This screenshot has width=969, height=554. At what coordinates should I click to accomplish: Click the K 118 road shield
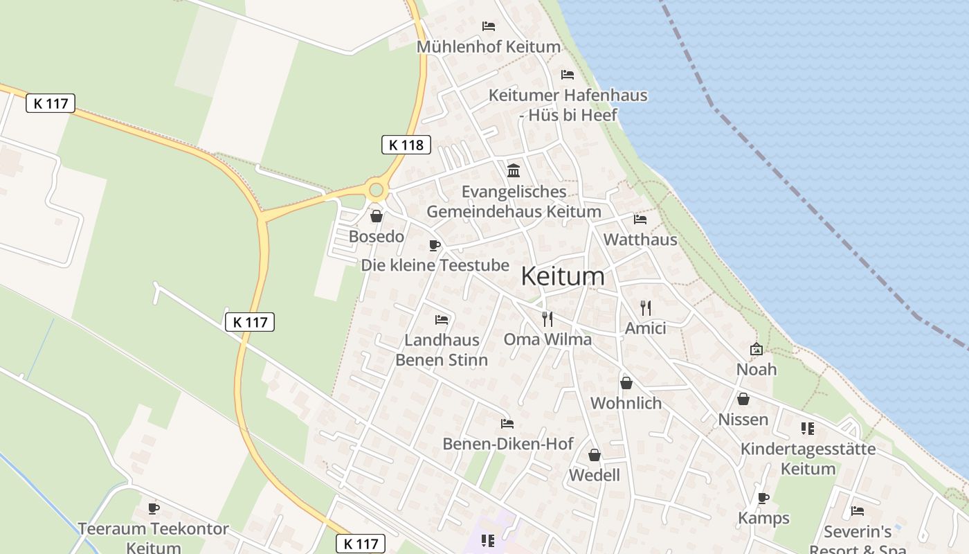pyautogui.click(x=406, y=145)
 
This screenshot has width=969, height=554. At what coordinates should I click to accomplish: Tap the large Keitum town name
pyautogui.click(x=562, y=276)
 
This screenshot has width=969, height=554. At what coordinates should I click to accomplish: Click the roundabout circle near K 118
pyautogui.click(x=376, y=189)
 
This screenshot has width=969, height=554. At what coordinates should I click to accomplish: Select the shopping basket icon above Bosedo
pyautogui.click(x=377, y=217)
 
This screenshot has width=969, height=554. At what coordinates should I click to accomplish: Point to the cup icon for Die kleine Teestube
pyautogui.click(x=435, y=245)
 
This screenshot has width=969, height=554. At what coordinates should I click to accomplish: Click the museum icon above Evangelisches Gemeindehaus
pyautogui.click(x=514, y=170)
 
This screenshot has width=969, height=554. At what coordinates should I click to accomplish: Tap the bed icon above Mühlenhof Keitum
pyautogui.click(x=489, y=26)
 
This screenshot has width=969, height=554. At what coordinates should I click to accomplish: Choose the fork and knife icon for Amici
pyautogui.click(x=646, y=308)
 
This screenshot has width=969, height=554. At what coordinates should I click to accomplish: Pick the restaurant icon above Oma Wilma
pyautogui.click(x=547, y=319)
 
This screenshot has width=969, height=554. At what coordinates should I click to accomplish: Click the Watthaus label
pyautogui.click(x=640, y=240)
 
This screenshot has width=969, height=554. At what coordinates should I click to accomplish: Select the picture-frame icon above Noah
pyautogui.click(x=756, y=349)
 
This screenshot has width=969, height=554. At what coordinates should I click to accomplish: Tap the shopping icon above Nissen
pyautogui.click(x=743, y=399)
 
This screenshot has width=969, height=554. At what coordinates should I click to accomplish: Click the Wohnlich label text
pyautogui.click(x=626, y=403)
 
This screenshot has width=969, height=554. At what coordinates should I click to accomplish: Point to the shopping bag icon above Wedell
pyautogui.click(x=594, y=455)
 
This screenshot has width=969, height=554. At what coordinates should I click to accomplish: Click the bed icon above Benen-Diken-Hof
pyautogui.click(x=507, y=424)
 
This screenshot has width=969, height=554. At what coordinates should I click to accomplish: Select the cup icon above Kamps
pyautogui.click(x=763, y=498)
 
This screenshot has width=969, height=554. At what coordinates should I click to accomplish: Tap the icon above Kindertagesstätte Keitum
pyautogui.click(x=807, y=429)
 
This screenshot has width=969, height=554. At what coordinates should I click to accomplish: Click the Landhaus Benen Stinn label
pyautogui.click(x=442, y=350)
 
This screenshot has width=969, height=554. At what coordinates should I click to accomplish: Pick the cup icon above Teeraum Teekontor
pyautogui.click(x=153, y=509)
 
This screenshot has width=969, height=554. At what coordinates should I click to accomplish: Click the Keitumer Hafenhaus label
pyautogui.click(x=568, y=105)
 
